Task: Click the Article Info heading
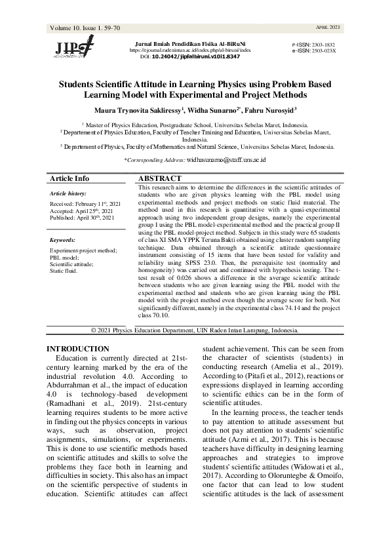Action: point(70,178)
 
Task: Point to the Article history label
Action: point(68,194)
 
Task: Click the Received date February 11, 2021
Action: point(85,205)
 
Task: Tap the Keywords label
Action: point(63,240)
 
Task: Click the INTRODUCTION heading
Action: point(79,349)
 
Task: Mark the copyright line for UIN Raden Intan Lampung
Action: point(195,330)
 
